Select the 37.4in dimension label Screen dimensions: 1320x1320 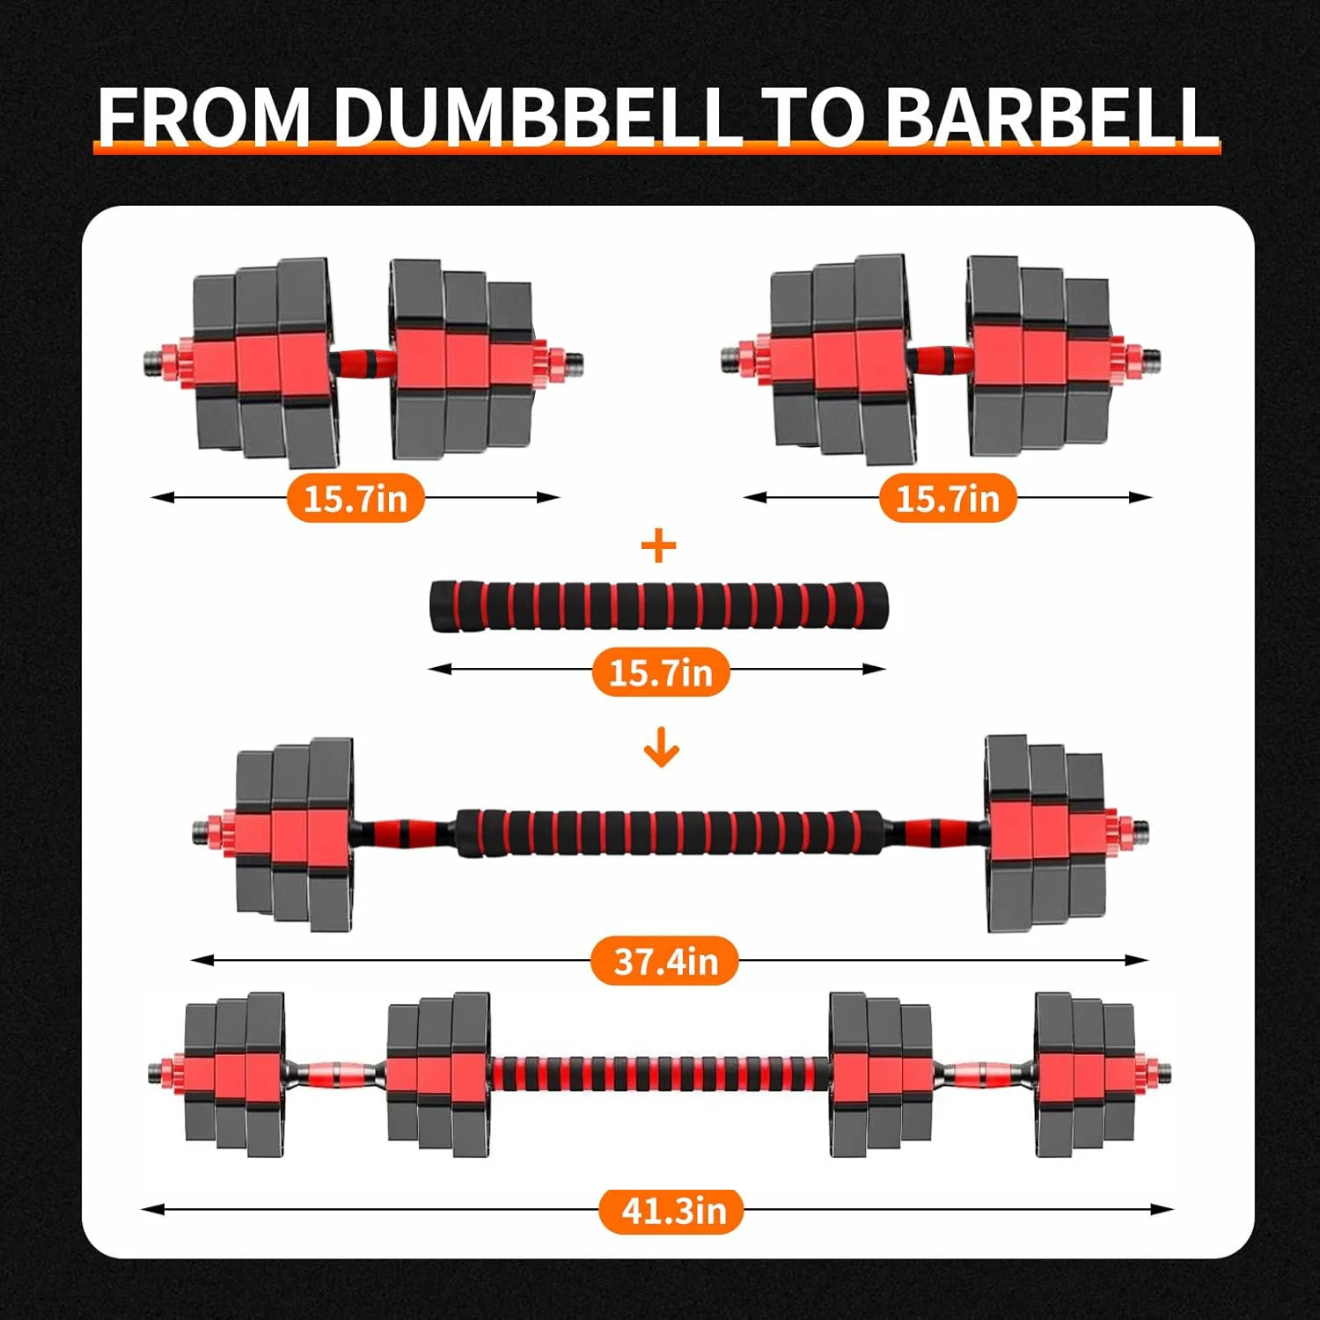point(664,961)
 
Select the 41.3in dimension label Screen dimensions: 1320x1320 point(672,1211)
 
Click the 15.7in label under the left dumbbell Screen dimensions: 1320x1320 point(356,499)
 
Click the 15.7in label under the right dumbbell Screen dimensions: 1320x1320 point(948,499)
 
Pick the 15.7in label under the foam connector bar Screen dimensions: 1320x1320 point(661,673)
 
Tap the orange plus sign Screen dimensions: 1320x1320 point(659,547)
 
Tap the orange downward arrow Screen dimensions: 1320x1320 point(661,751)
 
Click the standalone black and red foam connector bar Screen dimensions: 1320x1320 point(659,605)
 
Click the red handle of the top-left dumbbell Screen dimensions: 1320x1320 point(363,361)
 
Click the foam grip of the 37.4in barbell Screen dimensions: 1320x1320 point(669,832)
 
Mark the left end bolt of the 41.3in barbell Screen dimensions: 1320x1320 point(156,1072)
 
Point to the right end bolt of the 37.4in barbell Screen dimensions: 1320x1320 point(1140,829)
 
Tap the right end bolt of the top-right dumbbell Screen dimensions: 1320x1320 point(1152,358)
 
